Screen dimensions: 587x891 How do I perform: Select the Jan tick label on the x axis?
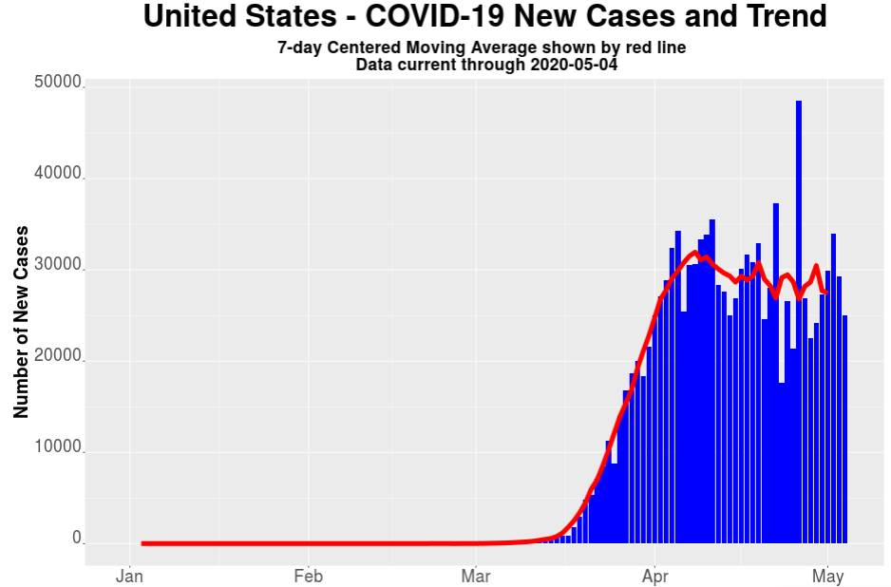click(129, 576)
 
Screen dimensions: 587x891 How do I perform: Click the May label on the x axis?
click(827, 576)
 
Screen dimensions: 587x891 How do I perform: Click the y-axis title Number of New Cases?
click(21, 322)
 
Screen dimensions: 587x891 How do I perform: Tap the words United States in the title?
click(236, 17)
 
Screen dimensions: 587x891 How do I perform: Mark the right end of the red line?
click(826, 292)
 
